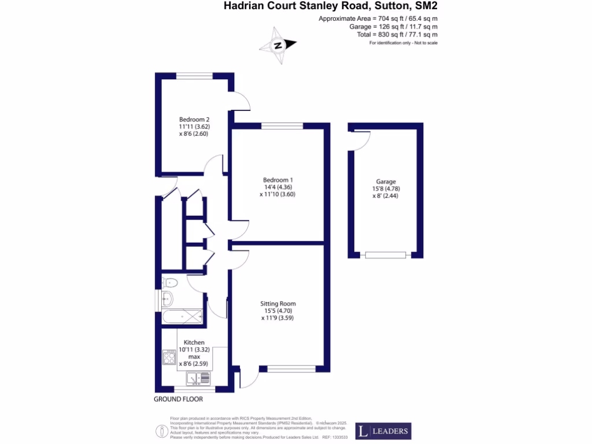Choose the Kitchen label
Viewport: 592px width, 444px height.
[194, 342]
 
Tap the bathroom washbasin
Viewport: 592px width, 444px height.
[167, 299]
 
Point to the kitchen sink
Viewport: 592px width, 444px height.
[198, 379]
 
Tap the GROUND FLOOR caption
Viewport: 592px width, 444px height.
[178, 399]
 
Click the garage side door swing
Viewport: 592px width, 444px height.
[360, 141]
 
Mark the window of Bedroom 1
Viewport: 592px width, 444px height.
[282, 125]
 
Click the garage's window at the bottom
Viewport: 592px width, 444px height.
[386, 254]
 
